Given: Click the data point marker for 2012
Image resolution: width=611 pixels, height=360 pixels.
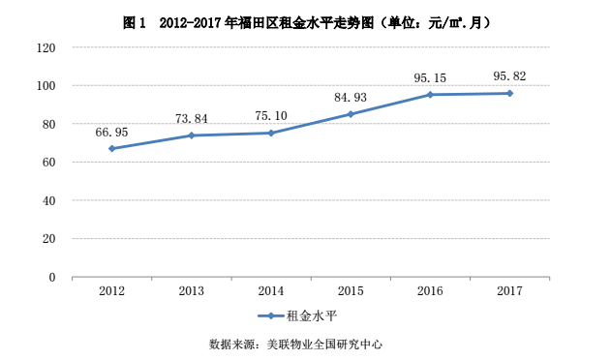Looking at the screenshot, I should pos(112,148).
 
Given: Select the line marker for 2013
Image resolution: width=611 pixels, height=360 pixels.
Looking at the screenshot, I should pos(192,135).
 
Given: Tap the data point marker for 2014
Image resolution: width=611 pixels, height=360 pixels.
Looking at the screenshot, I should pos(271,133).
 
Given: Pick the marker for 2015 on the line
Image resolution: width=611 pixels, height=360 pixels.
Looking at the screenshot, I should pos(351,114).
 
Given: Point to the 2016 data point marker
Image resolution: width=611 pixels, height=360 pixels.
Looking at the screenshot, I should pos(430,95).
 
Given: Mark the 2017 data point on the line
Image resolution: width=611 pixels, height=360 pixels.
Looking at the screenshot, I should pos(509,93).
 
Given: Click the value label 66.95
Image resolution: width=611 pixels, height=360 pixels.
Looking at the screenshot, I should pos(111,132).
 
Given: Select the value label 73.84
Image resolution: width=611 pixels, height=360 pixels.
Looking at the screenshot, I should pos(191,119).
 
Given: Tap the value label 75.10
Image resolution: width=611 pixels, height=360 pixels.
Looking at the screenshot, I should pos(270,116).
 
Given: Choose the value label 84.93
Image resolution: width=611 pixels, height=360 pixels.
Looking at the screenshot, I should pos(351,98).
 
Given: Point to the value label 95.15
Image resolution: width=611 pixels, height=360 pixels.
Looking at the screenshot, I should pos(430,78).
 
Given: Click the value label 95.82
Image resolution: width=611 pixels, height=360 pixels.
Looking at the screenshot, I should pos(509,75).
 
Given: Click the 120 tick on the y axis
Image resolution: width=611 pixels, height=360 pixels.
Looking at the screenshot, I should pos(46,47).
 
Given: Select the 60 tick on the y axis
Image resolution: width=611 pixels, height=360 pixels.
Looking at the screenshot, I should pos(48,163).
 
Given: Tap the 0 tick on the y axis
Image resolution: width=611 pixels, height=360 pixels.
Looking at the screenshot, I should pos(52,277).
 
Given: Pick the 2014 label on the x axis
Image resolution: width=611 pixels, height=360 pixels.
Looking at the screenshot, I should pos(271,290).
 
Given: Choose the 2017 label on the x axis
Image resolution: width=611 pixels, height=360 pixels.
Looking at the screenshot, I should pos(509,290).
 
